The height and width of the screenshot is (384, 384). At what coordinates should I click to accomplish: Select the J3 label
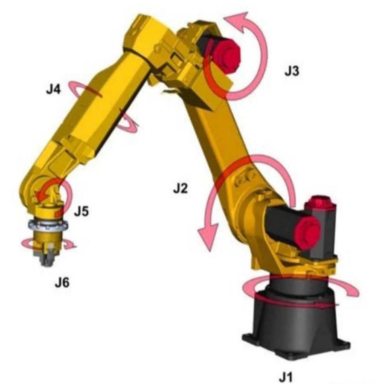[x=292, y=71]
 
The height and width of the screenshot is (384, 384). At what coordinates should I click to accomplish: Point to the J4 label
[x=54, y=90]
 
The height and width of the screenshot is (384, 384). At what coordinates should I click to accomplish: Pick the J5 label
[x=81, y=211]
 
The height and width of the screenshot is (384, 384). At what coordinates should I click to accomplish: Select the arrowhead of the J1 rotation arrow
[x=352, y=291]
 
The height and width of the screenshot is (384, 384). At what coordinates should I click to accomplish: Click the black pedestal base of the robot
[x=294, y=324]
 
